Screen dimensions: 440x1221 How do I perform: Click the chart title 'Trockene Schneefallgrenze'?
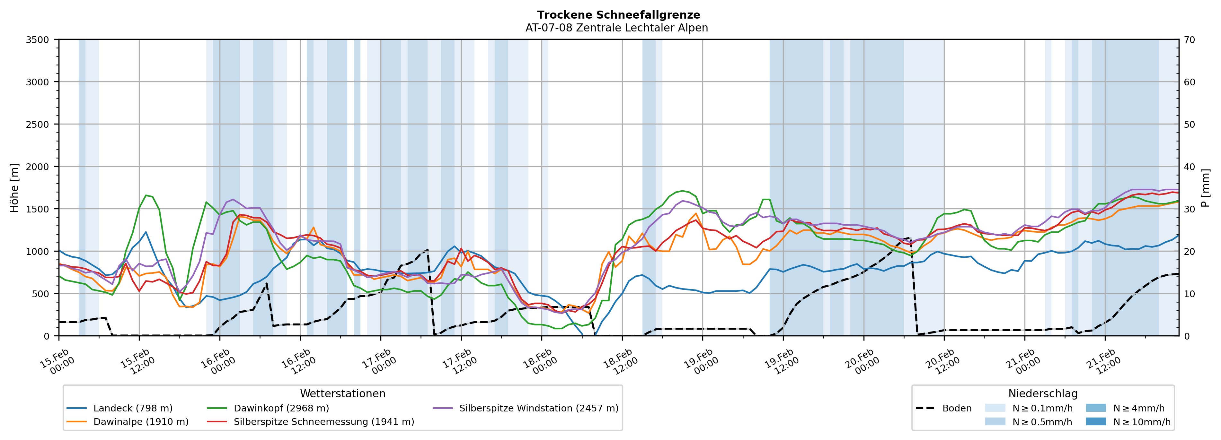click(x=618, y=15)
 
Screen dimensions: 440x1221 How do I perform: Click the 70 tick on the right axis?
click(x=1189, y=40)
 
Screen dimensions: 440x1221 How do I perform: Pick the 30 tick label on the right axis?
click(x=1189, y=209)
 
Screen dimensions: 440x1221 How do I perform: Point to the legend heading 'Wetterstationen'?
click(x=343, y=393)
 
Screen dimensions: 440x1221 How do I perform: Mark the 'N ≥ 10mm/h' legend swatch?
click(x=1095, y=421)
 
